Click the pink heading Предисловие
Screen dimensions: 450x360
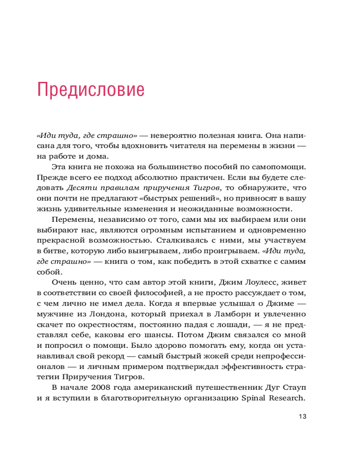coord(91,89)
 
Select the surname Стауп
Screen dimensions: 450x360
coord(292,387)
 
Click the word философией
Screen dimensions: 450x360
coord(144,293)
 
